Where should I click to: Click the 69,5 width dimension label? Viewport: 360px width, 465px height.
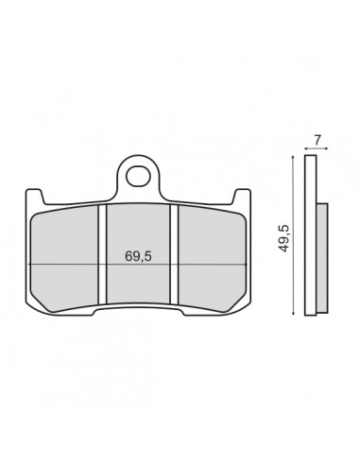click(x=138, y=256)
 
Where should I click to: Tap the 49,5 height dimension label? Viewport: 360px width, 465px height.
click(x=284, y=238)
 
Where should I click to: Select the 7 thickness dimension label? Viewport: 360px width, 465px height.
click(x=317, y=140)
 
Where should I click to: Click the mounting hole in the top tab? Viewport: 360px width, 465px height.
click(x=138, y=177)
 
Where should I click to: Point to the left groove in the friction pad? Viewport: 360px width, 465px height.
click(x=103, y=254)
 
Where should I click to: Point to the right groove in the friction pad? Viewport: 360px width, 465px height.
click(x=174, y=254)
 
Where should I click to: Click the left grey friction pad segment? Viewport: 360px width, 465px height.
click(x=64, y=259)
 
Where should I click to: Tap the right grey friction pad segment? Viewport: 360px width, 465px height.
click(x=212, y=259)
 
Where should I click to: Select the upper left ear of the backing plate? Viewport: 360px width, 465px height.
click(x=35, y=196)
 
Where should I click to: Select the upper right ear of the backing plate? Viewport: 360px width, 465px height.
click(x=243, y=196)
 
